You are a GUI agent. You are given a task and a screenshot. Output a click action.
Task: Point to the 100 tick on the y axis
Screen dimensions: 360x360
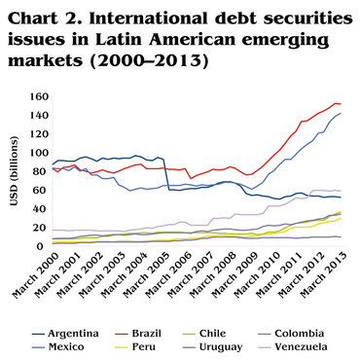(x=37, y=153)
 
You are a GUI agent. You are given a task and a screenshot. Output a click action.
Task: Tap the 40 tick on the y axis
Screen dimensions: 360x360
(x=40, y=207)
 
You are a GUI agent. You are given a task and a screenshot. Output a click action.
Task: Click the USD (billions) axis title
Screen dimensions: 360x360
(x=13, y=173)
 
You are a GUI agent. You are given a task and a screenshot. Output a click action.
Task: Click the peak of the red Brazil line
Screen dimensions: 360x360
(x=335, y=103)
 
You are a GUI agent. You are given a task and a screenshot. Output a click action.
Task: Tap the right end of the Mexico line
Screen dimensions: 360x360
(x=341, y=114)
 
